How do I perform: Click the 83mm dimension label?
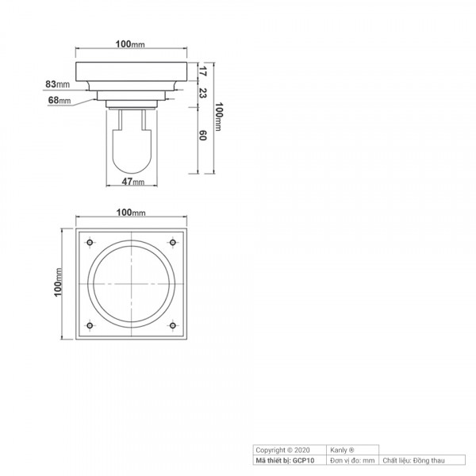point(58,83)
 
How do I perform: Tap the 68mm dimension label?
point(59,101)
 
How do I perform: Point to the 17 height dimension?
point(202,71)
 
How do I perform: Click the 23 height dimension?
point(202,93)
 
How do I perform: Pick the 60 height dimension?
point(202,136)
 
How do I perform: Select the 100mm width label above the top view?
point(131,213)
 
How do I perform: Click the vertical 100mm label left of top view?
point(58,284)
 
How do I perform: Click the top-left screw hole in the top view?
point(90,242)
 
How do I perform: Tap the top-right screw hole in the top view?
point(172,242)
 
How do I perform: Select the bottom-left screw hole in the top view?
point(90,325)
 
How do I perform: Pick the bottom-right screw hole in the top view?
point(172,325)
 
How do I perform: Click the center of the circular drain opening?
point(131,284)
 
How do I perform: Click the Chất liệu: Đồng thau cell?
point(413,459)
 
